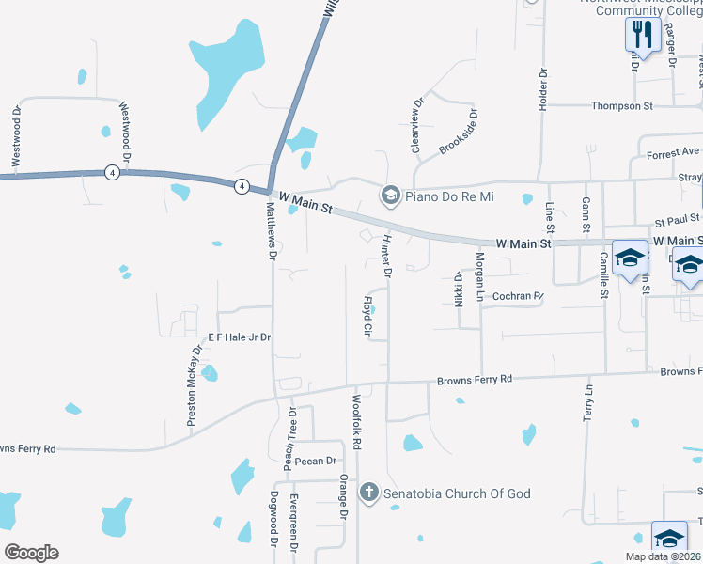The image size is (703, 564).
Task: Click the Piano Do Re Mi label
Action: [449, 196]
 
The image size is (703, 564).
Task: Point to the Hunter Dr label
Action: [386, 257]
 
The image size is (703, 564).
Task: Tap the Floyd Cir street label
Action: [368, 317]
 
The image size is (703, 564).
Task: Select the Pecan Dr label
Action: [315, 462]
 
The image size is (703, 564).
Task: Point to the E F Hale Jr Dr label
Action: [240, 337]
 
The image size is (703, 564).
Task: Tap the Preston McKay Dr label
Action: [195, 387]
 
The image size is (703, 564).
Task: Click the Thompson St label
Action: [621, 106]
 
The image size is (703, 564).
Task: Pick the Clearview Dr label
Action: [414, 127]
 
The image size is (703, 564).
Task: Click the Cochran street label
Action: [518, 295]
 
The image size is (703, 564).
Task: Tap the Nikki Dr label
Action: [459, 290]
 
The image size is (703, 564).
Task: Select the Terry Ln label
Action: [590, 401]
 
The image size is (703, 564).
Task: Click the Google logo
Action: [31, 553]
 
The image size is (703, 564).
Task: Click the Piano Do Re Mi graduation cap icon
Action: [389, 196]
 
